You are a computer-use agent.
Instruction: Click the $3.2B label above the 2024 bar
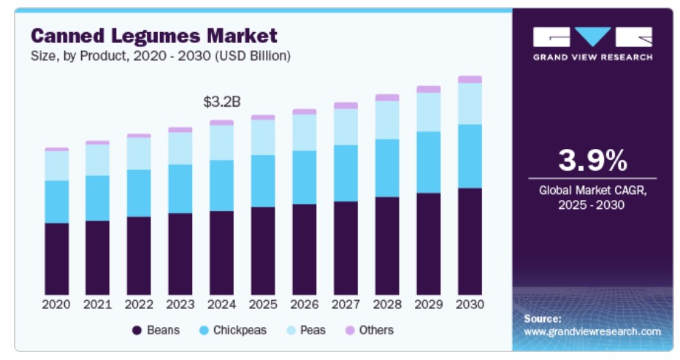221,102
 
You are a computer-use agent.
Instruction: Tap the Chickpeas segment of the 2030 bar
470,156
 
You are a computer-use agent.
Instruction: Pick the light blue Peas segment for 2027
345,126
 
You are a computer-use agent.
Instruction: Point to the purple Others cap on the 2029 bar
428,89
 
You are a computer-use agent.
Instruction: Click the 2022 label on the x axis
139,304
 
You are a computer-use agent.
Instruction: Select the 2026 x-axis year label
304,304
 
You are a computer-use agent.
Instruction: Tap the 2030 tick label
470,304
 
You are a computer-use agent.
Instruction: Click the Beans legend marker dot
137,331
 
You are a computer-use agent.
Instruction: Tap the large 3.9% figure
592,159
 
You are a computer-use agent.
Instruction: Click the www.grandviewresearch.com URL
592,332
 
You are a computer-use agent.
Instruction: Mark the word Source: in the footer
543,318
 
